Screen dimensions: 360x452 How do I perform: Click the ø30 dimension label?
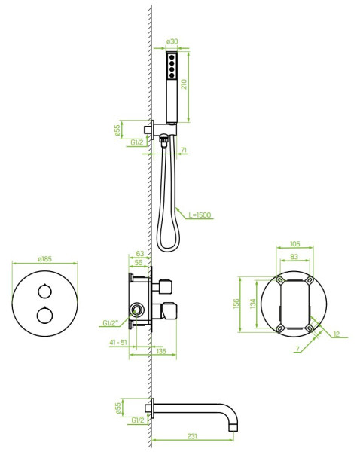point(172,41)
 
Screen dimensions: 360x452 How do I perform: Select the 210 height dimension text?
point(184,84)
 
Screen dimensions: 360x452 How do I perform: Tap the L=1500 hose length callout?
point(200,215)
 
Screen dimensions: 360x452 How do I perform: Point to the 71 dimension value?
point(184,150)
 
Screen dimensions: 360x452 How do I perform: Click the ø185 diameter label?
point(45,259)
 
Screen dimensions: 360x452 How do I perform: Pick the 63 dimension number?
point(140,254)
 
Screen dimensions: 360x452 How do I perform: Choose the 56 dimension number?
point(139,263)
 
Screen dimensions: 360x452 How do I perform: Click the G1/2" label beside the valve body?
point(111,323)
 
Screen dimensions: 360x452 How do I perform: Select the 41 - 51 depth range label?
point(118,343)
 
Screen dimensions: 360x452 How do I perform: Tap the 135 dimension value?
point(161,351)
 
